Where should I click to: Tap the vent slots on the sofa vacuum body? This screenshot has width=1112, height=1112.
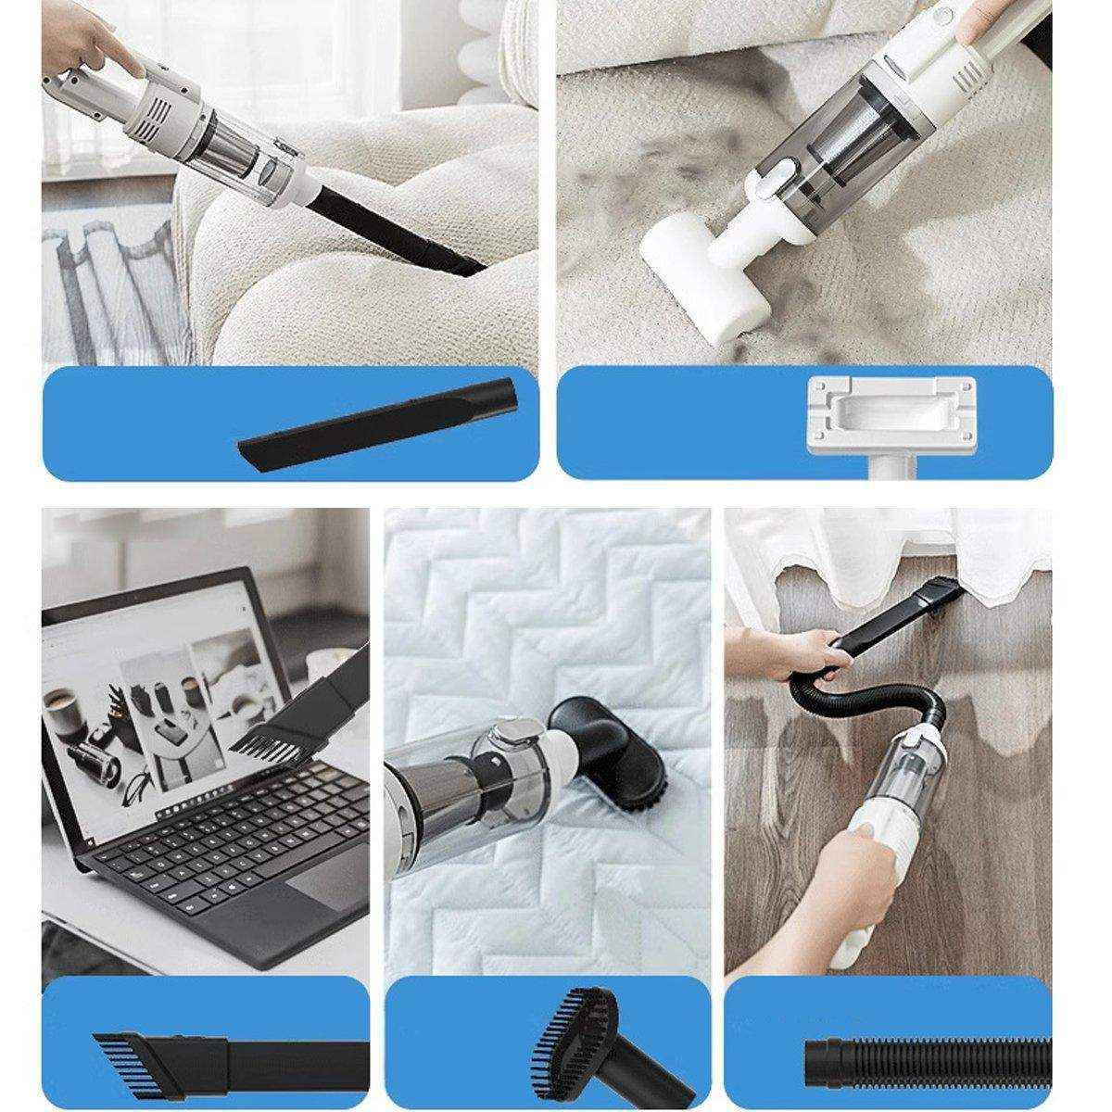pyautogui.click(x=167, y=111)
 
